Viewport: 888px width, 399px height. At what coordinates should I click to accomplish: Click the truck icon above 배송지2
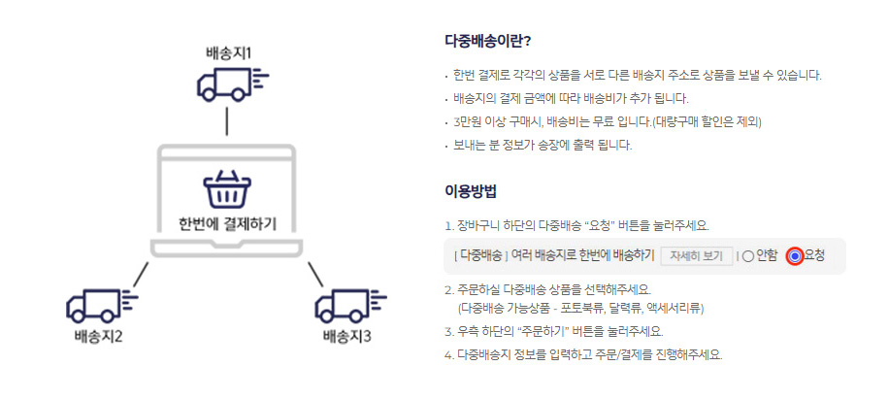(96, 307)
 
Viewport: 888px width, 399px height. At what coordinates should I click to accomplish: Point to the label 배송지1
(228, 50)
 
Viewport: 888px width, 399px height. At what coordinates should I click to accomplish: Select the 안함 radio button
(748, 256)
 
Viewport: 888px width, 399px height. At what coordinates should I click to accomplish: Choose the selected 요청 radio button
(796, 256)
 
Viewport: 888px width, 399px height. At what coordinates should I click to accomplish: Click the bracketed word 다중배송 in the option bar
(480, 256)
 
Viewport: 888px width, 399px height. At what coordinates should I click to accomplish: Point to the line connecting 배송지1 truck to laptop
(226, 121)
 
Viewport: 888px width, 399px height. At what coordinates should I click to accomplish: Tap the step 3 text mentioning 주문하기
(573, 331)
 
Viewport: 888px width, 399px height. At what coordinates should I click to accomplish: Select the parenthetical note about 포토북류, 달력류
(580, 309)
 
